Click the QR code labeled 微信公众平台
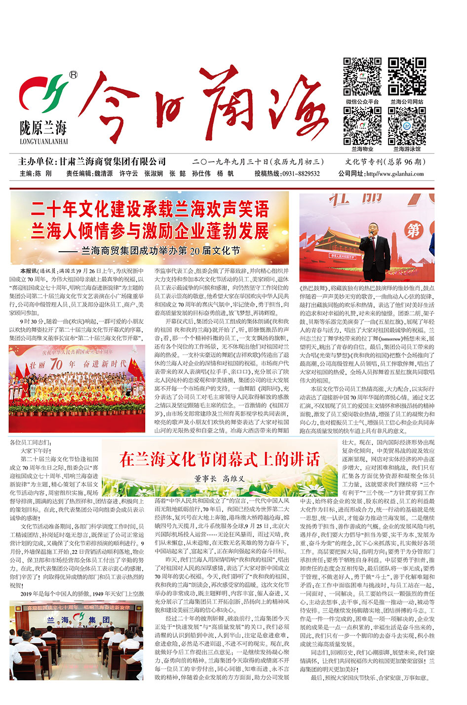[362, 76]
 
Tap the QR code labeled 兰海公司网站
[407, 76]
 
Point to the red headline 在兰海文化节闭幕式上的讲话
[219, 459]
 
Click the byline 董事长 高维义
[219, 478]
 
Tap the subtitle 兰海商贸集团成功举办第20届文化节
[160, 251]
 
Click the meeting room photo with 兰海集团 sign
[77, 639]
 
